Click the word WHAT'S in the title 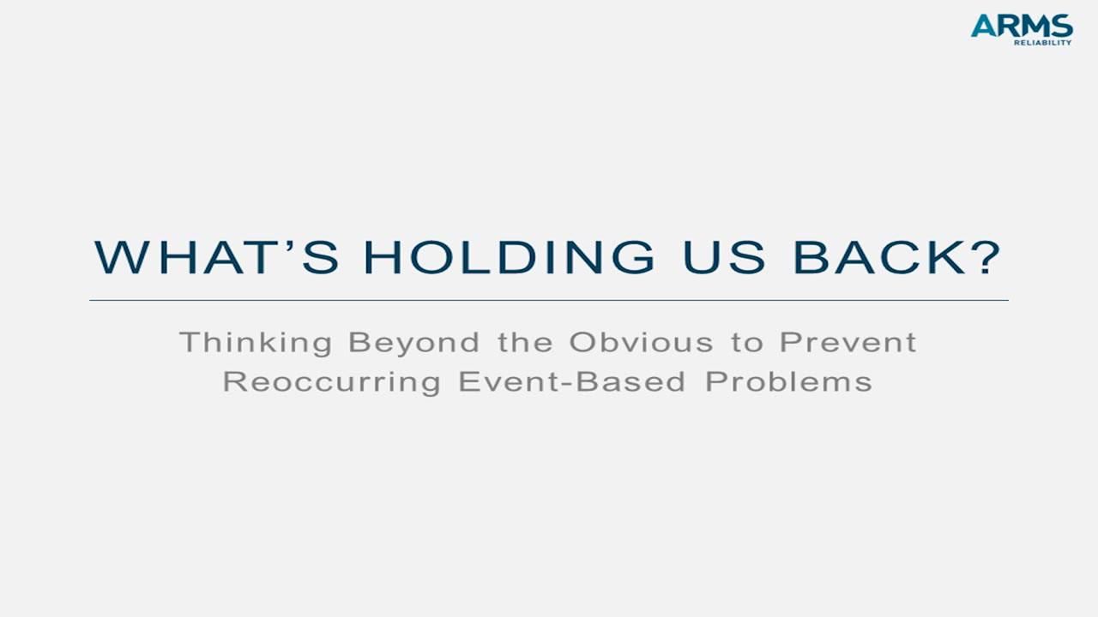(x=216, y=257)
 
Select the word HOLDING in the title (x=509, y=257)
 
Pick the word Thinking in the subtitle (x=256, y=343)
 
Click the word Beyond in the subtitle (x=413, y=343)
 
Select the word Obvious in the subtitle (x=641, y=342)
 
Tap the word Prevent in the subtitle (x=848, y=342)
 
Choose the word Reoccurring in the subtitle (x=331, y=381)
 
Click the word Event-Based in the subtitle (x=572, y=381)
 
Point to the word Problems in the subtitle (x=788, y=381)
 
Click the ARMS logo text (x=1022, y=26)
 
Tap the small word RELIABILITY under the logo (x=1042, y=42)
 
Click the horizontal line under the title (x=549, y=301)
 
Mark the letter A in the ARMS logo (x=982, y=26)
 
